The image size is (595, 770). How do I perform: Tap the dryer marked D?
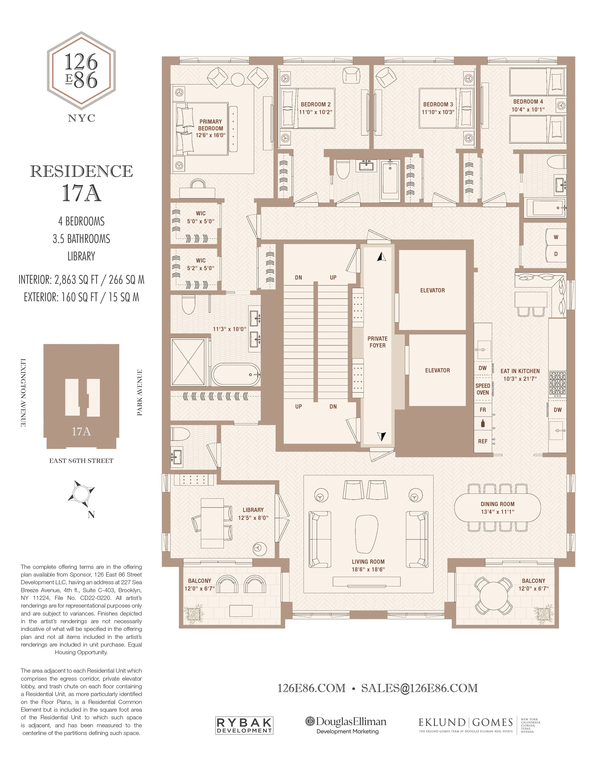556,254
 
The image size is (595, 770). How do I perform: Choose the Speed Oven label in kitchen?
483,389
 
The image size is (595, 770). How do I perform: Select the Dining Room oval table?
497,508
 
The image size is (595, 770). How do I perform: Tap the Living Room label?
368,562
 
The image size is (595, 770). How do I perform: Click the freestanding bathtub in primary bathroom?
235,374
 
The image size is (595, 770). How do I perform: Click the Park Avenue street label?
140,392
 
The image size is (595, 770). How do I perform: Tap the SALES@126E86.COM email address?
420,688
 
